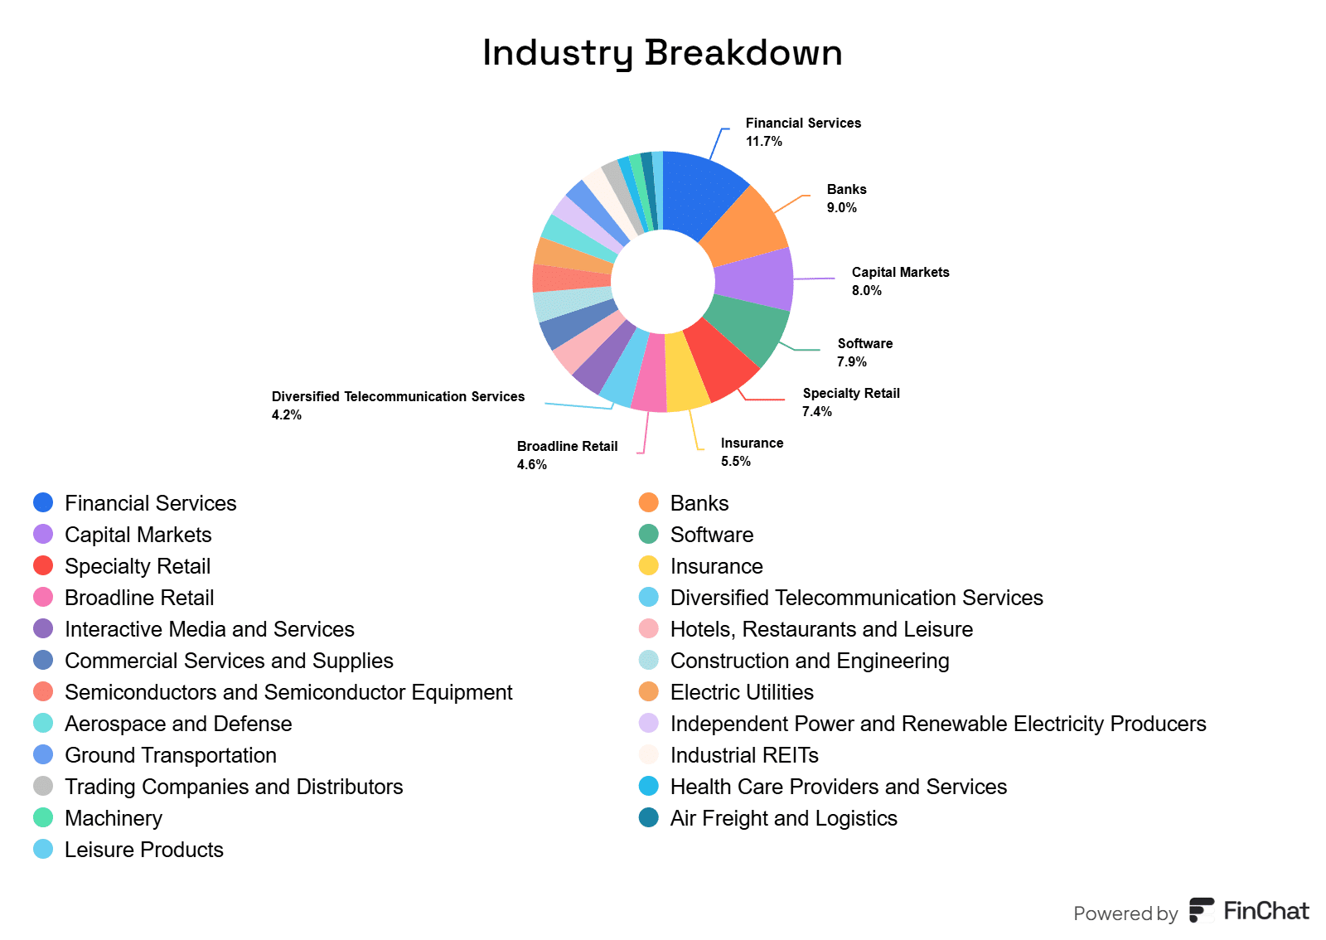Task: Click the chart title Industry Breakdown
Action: [662, 52]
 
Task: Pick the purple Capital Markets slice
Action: [754, 279]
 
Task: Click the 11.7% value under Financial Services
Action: [763, 142]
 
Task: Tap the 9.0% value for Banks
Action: [841, 208]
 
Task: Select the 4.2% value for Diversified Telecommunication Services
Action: [286, 415]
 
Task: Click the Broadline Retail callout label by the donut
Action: [567, 446]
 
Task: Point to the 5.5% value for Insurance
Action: [735, 462]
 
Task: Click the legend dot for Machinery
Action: [43, 818]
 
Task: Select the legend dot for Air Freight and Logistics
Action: [649, 818]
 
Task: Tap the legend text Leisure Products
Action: [144, 850]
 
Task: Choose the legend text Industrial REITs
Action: [744, 755]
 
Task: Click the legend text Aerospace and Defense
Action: [178, 724]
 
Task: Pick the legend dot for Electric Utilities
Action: [649, 692]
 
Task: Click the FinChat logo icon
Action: [1201, 910]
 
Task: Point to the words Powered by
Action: [1125, 913]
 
